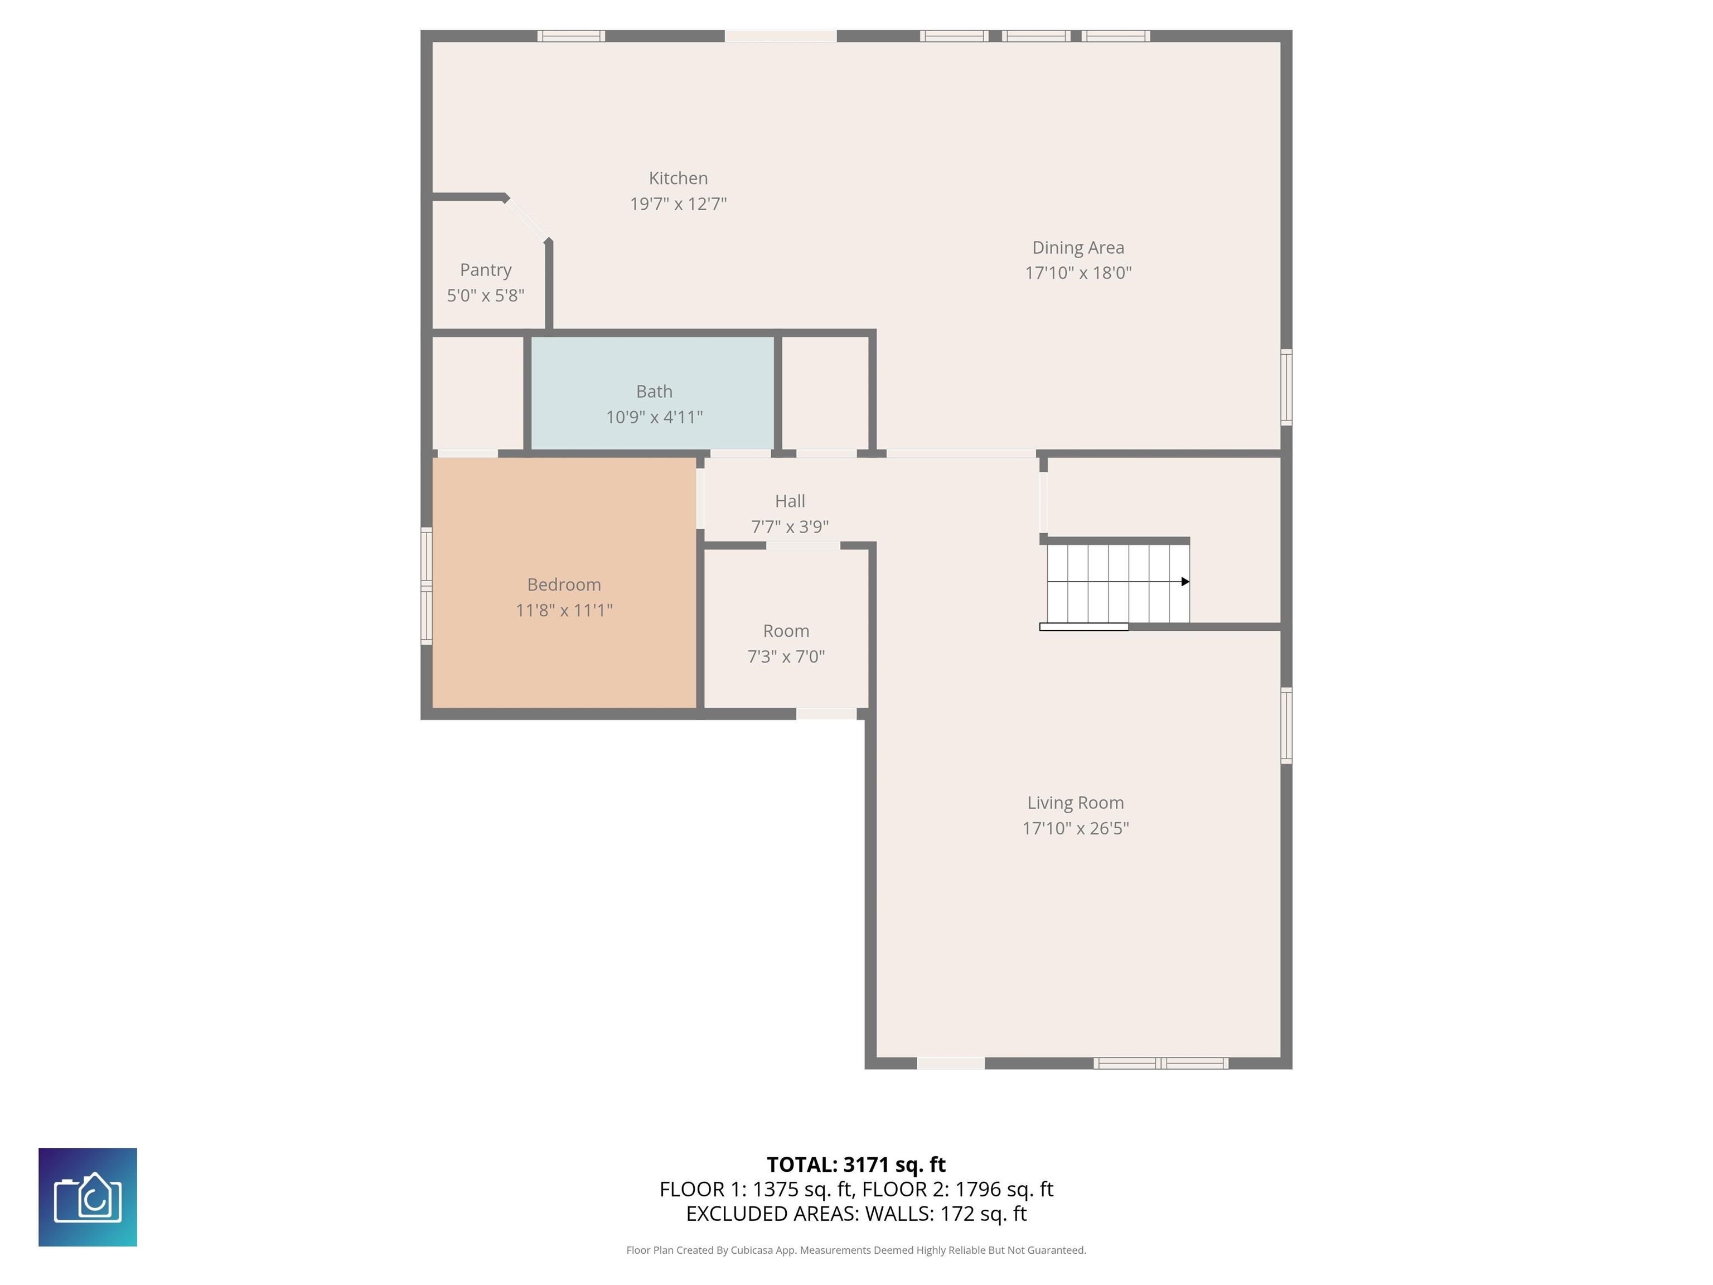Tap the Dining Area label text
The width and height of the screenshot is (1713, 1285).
tap(1078, 248)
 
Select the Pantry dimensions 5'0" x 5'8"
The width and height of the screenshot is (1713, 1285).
tap(486, 295)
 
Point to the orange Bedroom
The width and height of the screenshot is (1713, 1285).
tap(564, 582)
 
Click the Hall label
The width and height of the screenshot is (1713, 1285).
tap(790, 501)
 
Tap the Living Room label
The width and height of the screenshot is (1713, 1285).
tap(1076, 803)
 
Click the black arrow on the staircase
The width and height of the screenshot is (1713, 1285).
tap(1185, 582)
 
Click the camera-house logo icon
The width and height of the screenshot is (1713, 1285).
tap(88, 1197)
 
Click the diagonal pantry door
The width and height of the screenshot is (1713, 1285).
tap(528, 219)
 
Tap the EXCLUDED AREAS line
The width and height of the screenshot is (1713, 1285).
tap(856, 1214)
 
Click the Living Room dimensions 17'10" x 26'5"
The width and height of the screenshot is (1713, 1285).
tap(1076, 829)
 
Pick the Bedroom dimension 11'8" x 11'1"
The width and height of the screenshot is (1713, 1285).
tap(564, 610)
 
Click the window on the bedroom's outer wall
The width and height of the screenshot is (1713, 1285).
tap(426, 586)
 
